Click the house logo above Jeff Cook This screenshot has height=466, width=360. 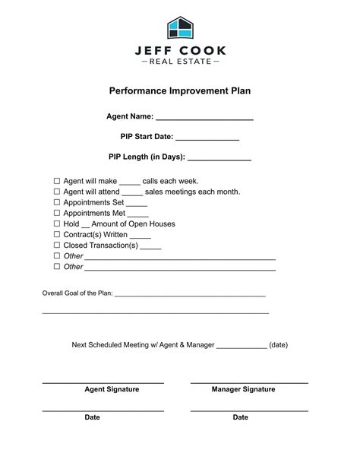tap(180, 28)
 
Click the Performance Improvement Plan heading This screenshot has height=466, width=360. tap(180, 90)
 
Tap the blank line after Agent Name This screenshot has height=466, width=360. tap(204, 119)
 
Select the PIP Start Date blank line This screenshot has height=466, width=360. tap(208, 139)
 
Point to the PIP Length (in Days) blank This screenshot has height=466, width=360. tap(219, 160)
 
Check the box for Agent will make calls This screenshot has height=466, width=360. tap(56, 182)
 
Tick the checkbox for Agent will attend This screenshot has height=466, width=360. tap(56, 192)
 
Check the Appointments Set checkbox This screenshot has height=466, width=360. tap(56, 203)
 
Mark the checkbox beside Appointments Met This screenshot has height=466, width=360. tap(56, 214)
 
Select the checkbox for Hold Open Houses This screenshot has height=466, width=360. tap(56, 224)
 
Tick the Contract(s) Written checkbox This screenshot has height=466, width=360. tap(56, 235)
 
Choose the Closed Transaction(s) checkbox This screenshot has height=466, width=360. tap(56, 246)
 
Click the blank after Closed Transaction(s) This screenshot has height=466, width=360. tap(150, 248)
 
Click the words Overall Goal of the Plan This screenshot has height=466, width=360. tap(77, 293)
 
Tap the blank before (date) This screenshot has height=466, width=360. tap(242, 347)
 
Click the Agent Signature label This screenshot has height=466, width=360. tap(112, 389)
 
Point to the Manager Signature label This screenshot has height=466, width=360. tap(243, 389)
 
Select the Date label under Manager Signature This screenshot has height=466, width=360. tap(240, 417)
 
